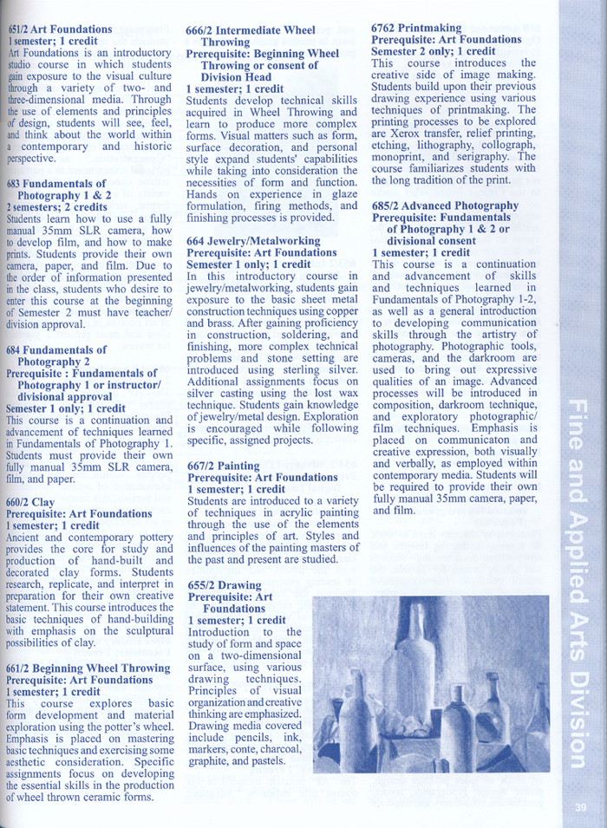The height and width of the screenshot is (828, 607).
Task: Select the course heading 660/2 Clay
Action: (x=30, y=501)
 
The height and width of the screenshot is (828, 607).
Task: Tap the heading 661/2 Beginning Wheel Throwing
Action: (x=88, y=668)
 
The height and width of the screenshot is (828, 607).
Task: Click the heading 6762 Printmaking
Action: (x=416, y=28)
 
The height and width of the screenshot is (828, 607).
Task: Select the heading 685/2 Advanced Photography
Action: (x=445, y=205)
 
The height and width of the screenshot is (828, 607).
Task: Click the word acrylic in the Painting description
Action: (x=297, y=513)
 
